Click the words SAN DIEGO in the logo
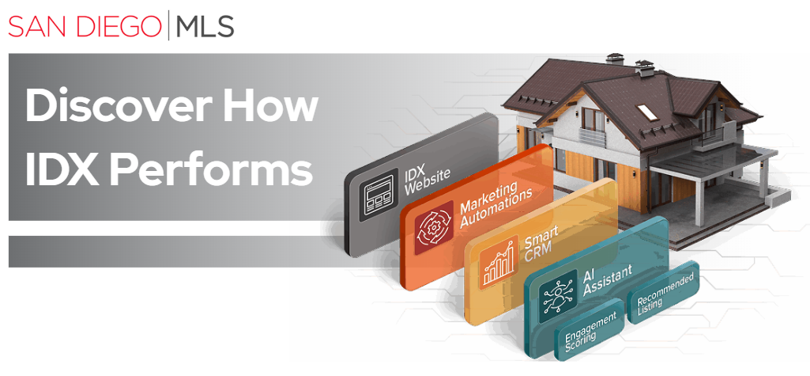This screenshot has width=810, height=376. click(85, 25)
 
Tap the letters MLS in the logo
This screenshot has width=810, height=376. click(205, 25)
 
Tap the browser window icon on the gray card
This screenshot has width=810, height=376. click(378, 197)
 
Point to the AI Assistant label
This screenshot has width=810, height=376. click(606, 281)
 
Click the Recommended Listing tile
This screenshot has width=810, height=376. click(665, 296)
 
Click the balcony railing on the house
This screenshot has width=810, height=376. click(596, 135)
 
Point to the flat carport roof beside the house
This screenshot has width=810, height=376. click(711, 162)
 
